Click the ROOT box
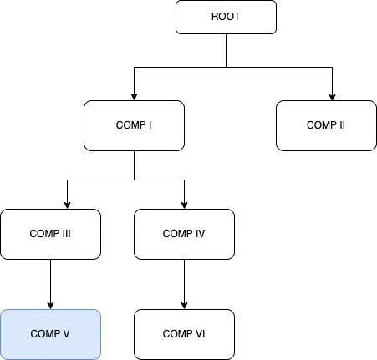point(226,17)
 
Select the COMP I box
point(134,125)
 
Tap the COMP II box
point(326,125)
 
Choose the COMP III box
point(50,234)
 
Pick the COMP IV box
point(184,234)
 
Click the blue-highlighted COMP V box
point(50,334)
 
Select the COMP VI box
point(184,334)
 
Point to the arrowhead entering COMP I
point(134,96)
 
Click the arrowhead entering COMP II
point(332,96)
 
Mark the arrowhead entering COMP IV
point(184,205)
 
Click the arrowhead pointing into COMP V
point(50,305)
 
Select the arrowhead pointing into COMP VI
point(184,305)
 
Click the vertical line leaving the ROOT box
point(226,50)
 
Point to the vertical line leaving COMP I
point(134,165)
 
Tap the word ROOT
point(226,17)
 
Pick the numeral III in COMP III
point(66,234)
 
